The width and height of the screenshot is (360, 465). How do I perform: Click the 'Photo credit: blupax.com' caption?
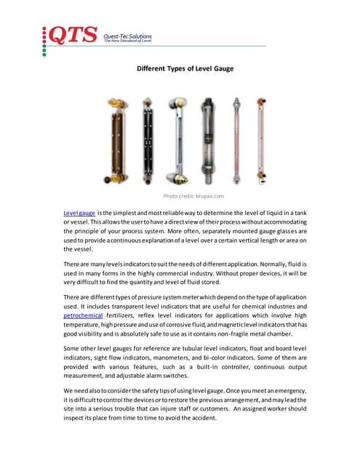193,196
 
